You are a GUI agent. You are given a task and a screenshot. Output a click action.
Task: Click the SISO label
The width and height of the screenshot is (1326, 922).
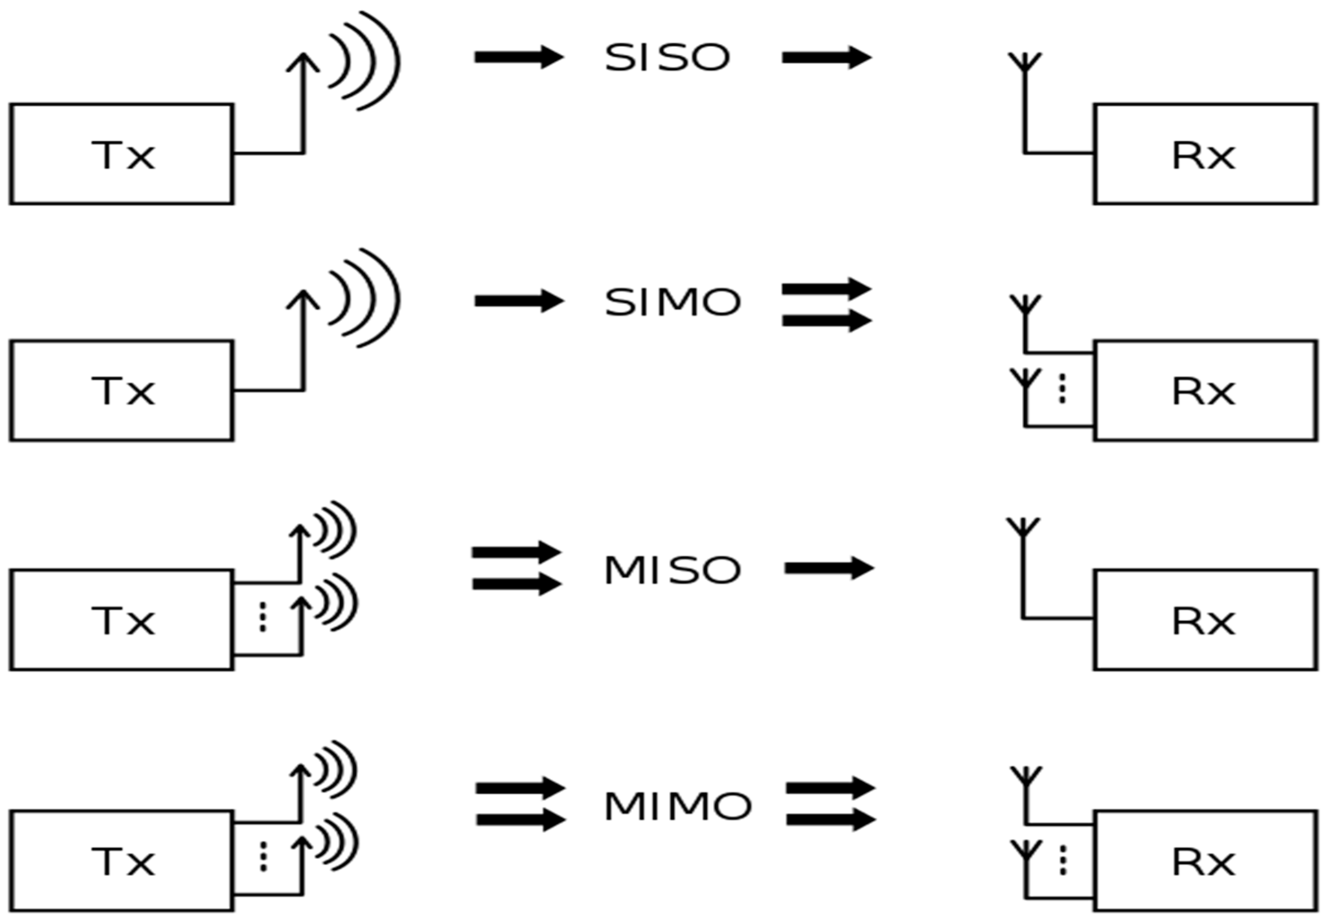[x=667, y=58]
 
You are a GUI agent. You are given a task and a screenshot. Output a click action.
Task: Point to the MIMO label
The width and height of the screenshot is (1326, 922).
[x=677, y=806]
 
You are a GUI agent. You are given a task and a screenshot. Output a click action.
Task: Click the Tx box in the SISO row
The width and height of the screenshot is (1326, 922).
[x=122, y=154]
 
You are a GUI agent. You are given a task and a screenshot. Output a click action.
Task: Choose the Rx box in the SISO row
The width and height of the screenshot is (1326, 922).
[x=1205, y=154]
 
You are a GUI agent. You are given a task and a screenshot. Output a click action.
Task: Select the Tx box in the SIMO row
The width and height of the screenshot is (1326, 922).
[x=122, y=391]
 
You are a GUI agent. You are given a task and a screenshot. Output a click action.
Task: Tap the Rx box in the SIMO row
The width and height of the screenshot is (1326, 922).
[x=1205, y=391]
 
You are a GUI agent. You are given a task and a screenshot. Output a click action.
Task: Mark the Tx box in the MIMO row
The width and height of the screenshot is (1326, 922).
[x=122, y=861]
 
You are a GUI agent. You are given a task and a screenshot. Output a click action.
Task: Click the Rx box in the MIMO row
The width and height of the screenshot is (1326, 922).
[x=1205, y=861]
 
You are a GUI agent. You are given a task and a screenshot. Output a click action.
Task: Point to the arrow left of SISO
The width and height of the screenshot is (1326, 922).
[x=519, y=57]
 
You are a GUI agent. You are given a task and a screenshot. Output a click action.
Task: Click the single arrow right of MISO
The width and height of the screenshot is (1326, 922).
[x=829, y=568]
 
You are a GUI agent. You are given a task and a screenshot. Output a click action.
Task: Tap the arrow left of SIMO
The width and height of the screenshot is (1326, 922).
[x=519, y=301]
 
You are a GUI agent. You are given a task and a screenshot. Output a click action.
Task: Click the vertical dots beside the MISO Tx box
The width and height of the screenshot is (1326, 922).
[x=263, y=617]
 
